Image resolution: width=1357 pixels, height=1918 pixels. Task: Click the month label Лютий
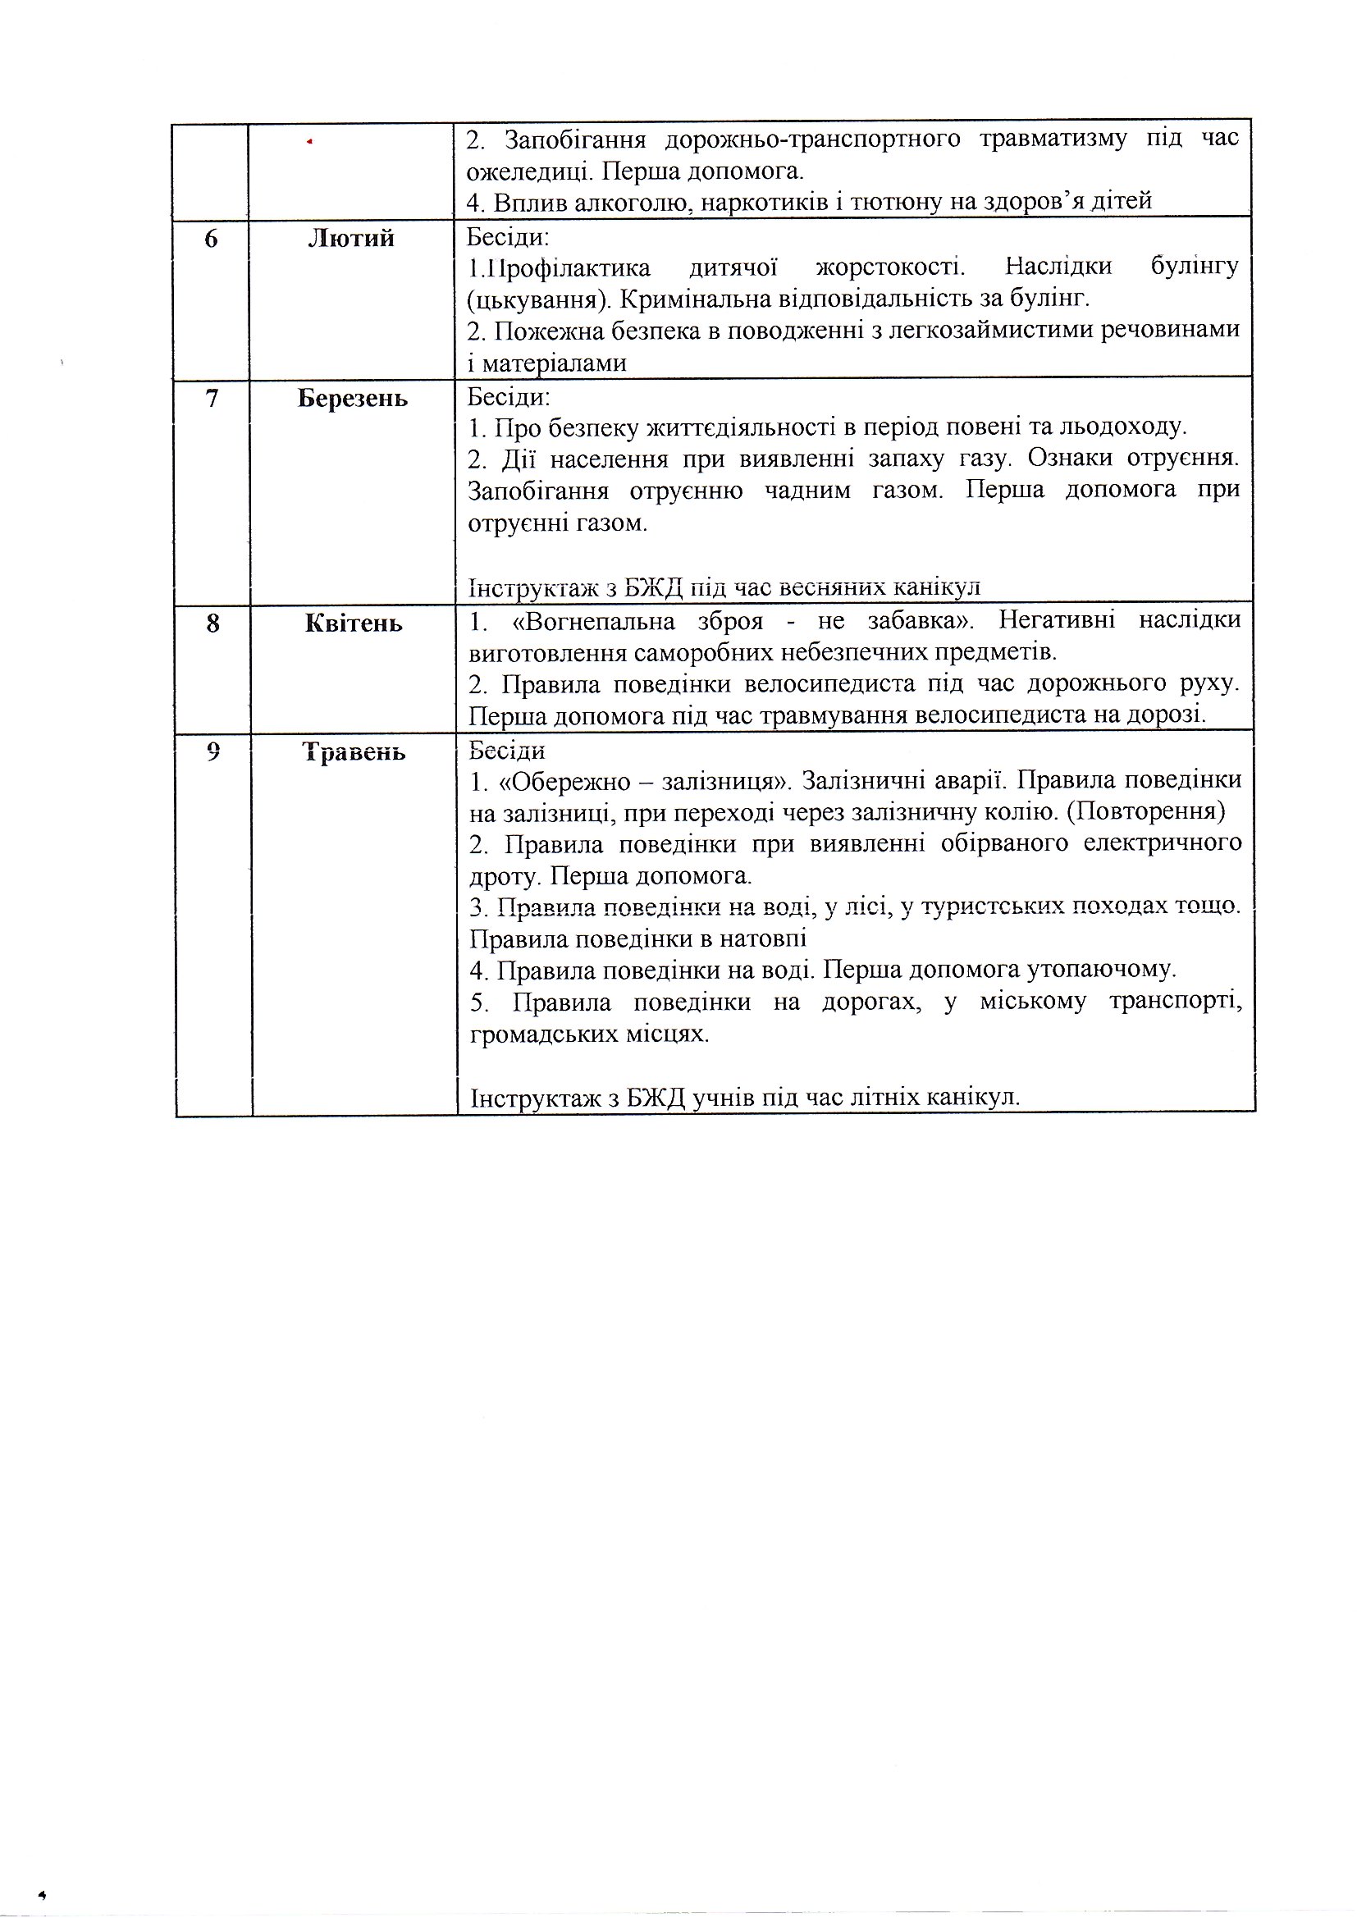pyautogui.click(x=351, y=239)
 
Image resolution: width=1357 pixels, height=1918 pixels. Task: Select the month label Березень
pyautogui.click(x=353, y=399)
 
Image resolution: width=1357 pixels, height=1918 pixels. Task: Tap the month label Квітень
pyautogui.click(x=354, y=623)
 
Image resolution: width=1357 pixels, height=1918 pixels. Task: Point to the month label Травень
pyautogui.click(x=354, y=752)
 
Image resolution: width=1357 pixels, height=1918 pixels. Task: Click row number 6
pyautogui.click(x=211, y=239)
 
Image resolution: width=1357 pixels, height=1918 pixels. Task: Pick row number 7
pyautogui.click(x=212, y=399)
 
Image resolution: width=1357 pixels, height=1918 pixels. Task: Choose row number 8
pyautogui.click(x=212, y=623)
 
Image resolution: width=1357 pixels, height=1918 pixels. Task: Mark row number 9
pyautogui.click(x=213, y=751)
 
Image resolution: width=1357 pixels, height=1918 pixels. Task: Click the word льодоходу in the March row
pyautogui.click(x=1122, y=427)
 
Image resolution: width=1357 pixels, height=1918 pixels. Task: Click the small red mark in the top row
pyautogui.click(x=309, y=143)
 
